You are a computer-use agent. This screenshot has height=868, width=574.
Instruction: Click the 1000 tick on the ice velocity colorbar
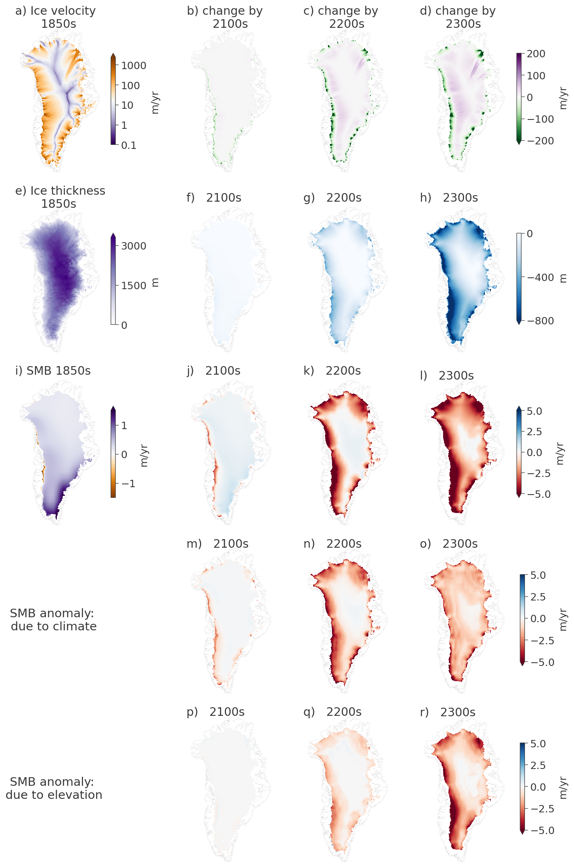(x=133, y=65)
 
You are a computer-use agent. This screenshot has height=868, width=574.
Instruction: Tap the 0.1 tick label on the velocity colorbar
(x=129, y=145)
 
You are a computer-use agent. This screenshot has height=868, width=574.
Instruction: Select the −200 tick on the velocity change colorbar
(x=540, y=141)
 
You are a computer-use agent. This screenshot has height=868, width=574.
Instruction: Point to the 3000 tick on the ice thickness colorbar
(x=133, y=246)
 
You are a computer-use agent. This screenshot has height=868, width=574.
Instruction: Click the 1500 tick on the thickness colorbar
(x=133, y=286)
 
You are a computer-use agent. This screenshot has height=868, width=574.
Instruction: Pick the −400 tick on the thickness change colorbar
(x=540, y=277)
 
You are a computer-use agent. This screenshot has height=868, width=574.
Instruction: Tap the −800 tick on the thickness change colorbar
(x=540, y=321)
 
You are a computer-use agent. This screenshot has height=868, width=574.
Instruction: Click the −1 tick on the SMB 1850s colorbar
(x=128, y=483)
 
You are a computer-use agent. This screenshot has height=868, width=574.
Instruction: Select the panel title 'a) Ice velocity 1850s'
(x=56, y=17)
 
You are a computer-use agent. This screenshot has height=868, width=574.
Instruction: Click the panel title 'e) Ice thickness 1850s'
(x=60, y=197)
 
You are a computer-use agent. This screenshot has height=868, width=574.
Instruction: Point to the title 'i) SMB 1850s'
(x=53, y=371)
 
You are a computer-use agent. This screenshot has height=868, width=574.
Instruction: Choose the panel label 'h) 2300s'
(x=449, y=198)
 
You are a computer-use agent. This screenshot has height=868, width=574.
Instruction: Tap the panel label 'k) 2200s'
(x=332, y=371)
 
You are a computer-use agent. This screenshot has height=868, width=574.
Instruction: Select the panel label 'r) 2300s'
(x=448, y=712)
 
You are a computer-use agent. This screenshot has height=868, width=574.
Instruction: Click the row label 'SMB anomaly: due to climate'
(x=54, y=620)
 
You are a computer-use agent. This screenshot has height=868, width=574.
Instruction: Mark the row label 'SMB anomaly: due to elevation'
(x=54, y=788)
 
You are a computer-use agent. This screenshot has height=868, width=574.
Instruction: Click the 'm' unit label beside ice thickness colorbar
(x=155, y=282)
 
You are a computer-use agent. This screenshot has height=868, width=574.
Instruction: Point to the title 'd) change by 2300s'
(x=458, y=17)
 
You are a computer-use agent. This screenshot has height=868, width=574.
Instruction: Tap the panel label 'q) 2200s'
(x=332, y=712)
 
